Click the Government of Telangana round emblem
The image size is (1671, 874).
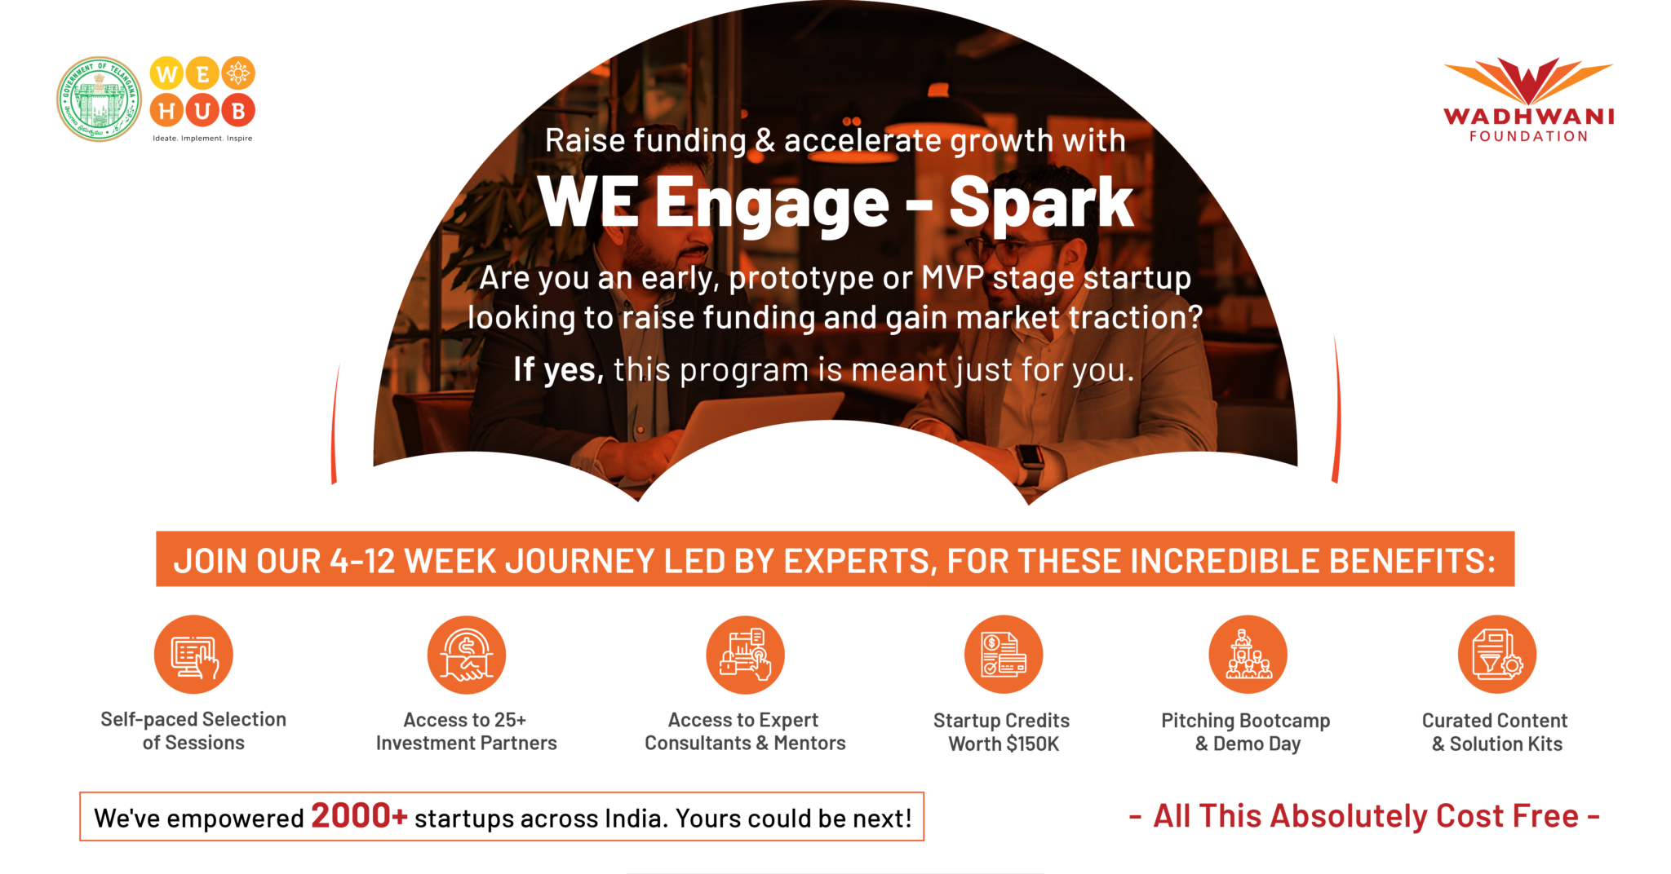pos(99,99)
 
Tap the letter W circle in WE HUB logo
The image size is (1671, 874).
pos(166,74)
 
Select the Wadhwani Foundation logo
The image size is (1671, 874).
pos(1528,99)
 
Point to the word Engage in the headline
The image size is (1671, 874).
pos(772,204)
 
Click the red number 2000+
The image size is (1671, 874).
pos(359,815)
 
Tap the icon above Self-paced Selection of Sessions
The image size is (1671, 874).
pos(193,655)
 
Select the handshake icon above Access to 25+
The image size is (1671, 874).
pos(467,655)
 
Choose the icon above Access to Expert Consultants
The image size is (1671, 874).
pos(745,655)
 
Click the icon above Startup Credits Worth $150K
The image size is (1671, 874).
pos(1004,655)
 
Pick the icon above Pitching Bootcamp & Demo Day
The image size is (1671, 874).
pos(1248,655)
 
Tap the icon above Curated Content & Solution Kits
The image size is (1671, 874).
pos(1497,655)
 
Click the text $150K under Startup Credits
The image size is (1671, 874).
pos(1032,744)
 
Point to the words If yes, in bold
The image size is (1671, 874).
pos(559,369)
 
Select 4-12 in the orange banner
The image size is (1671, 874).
pos(363,561)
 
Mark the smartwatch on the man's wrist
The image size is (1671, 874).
pos(1030,465)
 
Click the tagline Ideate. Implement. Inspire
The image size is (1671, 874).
pos(202,139)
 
